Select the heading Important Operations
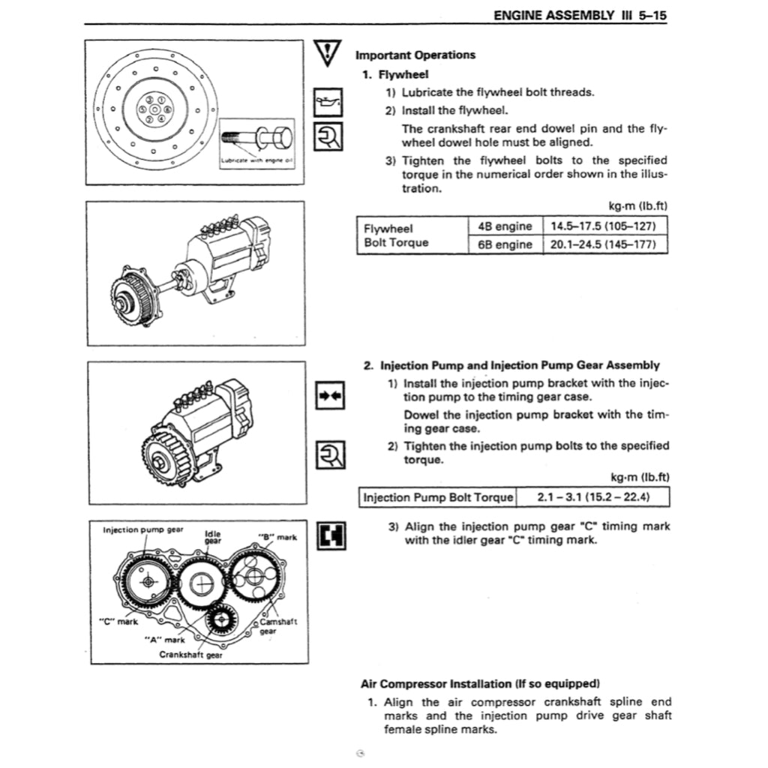click(x=415, y=55)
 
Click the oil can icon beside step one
click(x=328, y=101)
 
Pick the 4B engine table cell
click(x=505, y=226)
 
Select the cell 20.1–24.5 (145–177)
click(x=603, y=244)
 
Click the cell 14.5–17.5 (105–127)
click(x=603, y=226)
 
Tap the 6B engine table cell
click(x=505, y=244)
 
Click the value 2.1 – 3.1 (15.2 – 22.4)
click(x=592, y=496)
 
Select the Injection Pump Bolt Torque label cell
click(x=438, y=496)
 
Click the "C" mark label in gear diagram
click(x=118, y=621)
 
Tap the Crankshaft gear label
click(x=190, y=654)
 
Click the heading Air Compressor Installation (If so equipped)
click(x=481, y=683)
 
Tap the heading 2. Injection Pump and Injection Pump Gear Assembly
click(x=511, y=365)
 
